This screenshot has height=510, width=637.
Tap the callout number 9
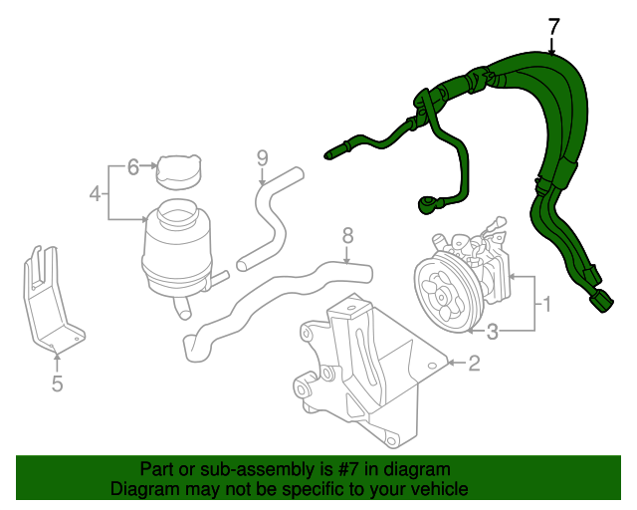(x=262, y=157)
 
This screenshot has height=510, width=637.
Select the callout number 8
(x=347, y=236)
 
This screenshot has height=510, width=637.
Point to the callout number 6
(x=132, y=167)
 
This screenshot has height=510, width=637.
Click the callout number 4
(x=95, y=193)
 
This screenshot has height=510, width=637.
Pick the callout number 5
(x=57, y=383)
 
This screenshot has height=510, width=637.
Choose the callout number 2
(x=474, y=364)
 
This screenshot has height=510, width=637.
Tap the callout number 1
(x=545, y=301)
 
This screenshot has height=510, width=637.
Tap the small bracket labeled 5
(x=49, y=299)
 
